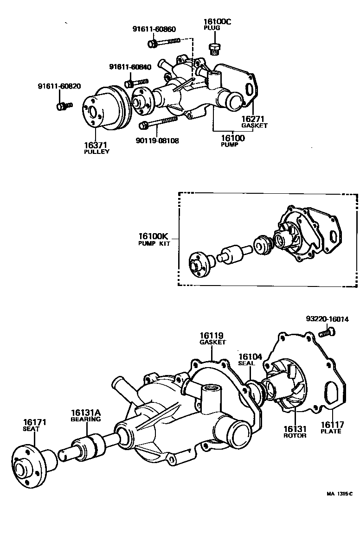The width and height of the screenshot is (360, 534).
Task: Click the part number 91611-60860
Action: coord(154,29)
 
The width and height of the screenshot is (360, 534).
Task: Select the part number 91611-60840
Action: coord(130,67)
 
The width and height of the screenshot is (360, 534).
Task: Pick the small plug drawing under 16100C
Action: coord(214,48)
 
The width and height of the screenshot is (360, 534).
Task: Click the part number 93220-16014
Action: coord(328,319)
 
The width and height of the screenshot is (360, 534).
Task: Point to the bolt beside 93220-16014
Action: coord(328,331)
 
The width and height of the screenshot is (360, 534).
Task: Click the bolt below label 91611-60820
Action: coord(64,106)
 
